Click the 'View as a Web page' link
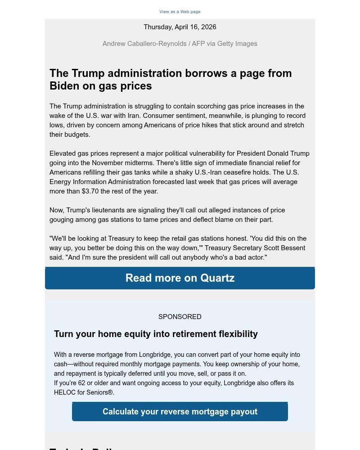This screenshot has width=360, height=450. (x=180, y=12)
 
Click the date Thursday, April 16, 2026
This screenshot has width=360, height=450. (x=180, y=27)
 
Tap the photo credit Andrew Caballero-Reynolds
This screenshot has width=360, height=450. (x=144, y=44)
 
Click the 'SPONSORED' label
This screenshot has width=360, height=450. (x=180, y=317)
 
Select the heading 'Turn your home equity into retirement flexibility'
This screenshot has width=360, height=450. (x=156, y=334)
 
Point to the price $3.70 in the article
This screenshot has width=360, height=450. (x=93, y=191)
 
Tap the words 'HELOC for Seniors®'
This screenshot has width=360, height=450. (x=84, y=392)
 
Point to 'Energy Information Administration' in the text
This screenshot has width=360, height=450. (x=100, y=182)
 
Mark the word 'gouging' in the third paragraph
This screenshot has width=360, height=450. (x=62, y=220)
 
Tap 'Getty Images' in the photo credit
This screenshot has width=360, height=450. (x=237, y=44)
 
